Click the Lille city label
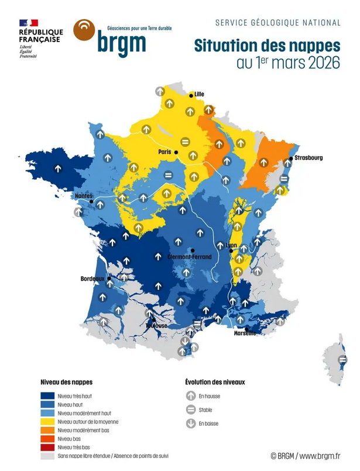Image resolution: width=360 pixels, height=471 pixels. coord(199,94)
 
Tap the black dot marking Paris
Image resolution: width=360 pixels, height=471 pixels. coord(176,152)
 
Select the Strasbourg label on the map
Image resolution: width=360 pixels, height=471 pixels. coord(308,158)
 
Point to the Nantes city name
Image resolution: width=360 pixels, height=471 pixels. coord(84,196)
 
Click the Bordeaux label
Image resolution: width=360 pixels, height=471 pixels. coord(92,279)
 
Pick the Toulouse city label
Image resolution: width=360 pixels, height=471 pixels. coord(156,326)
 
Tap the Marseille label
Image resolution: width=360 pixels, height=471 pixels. coord(245,333)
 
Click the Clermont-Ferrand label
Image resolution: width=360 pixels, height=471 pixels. coord(189,257)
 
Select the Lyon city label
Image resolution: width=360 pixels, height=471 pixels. coord(231,245)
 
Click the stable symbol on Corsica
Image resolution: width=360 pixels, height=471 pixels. coord(342,359)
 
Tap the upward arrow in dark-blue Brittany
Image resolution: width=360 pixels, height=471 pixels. coord(58,169)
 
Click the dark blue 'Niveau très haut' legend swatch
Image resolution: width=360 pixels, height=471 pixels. coord(47,396)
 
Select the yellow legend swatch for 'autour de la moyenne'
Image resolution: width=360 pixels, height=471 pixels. coord(47,421)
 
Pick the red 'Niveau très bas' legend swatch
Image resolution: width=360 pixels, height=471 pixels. coord(47,447)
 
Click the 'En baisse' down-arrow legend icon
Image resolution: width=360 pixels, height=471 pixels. coord(191,423)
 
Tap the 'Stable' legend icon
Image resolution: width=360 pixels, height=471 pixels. coord(191,410)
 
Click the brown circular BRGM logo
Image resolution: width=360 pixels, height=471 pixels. coord(84,30)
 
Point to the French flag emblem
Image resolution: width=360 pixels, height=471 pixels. coord(29,23)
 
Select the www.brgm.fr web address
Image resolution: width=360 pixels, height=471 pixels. coord(320,456)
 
